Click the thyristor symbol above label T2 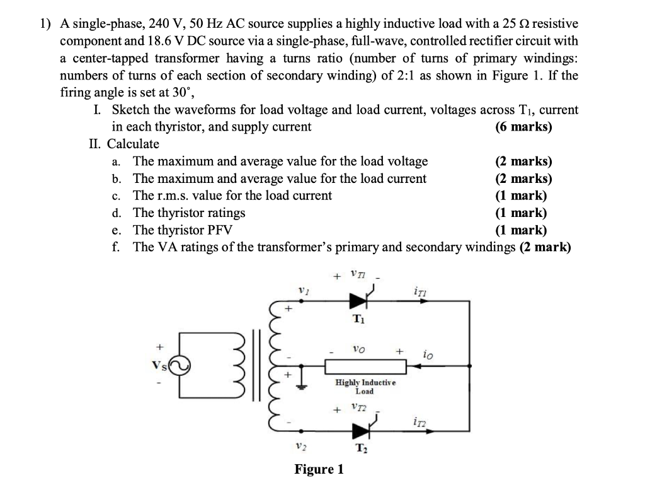click(x=360, y=431)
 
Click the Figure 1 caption click(x=319, y=469)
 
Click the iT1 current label click(x=420, y=290)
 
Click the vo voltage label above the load click(x=357, y=348)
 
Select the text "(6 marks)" click(x=523, y=127)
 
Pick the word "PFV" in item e click(x=224, y=230)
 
